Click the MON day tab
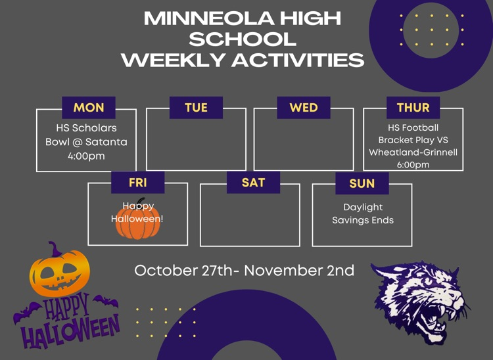point(89,108)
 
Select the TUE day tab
point(196,108)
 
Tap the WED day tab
point(303,108)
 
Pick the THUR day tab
point(413,108)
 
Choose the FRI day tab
point(137,183)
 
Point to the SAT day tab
point(253,183)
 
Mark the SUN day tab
point(362,184)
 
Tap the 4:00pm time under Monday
point(86,156)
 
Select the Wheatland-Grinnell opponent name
point(413,152)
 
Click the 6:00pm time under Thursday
point(413,165)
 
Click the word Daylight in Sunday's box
point(363,207)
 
